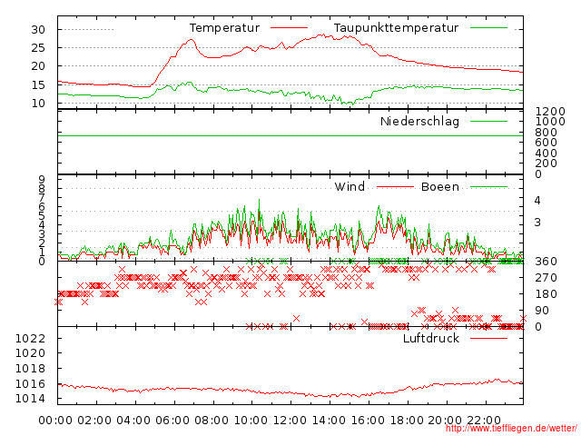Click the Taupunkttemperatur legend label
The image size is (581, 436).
(x=395, y=28)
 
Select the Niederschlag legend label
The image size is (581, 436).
(x=419, y=122)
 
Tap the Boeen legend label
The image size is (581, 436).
(x=439, y=187)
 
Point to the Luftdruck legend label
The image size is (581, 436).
(x=431, y=339)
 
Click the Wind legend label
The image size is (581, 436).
(x=350, y=187)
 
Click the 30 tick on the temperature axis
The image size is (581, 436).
(x=38, y=29)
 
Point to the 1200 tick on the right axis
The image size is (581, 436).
(x=549, y=111)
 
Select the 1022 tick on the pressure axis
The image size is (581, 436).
(x=31, y=339)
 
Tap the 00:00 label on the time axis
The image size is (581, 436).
(x=56, y=421)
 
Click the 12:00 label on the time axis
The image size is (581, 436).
(x=290, y=421)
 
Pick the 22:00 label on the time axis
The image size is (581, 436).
(x=484, y=421)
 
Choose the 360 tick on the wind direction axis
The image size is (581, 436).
(x=546, y=262)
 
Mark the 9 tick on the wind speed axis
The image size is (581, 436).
(x=42, y=180)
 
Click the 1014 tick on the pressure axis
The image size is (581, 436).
(x=31, y=400)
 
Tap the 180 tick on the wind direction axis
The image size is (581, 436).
(x=546, y=294)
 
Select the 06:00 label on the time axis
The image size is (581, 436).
(x=172, y=421)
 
